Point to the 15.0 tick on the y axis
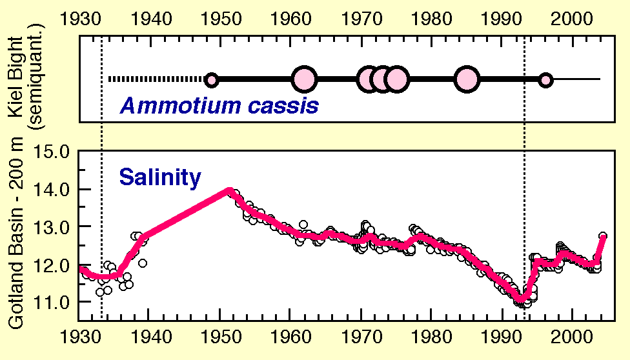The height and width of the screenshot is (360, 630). click(x=54, y=152)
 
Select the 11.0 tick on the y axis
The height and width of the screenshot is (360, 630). click(x=54, y=302)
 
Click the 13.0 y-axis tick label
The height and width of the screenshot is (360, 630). click(x=54, y=227)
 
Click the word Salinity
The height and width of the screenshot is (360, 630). click(x=159, y=177)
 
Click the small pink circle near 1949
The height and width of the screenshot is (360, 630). click(x=211, y=80)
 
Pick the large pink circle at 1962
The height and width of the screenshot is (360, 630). click(x=304, y=79)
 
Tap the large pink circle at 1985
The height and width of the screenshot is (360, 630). click(x=466, y=79)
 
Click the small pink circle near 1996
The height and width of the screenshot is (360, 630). click(x=546, y=80)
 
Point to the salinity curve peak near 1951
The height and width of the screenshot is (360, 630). click(x=228, y=190)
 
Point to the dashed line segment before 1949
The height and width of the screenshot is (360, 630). click(x=156, y=79)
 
